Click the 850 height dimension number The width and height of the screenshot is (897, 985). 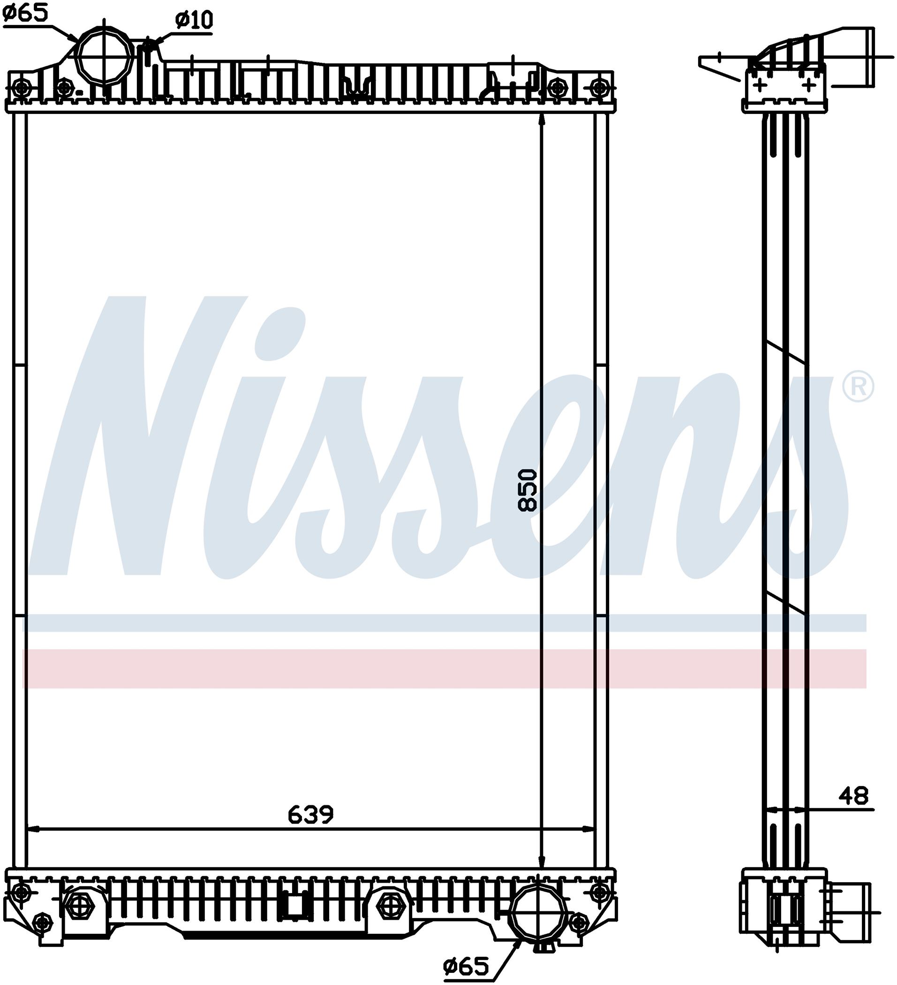point(528,490)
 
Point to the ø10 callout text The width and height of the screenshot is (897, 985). point(194,20)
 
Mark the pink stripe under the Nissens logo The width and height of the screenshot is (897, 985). point(444,668)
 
